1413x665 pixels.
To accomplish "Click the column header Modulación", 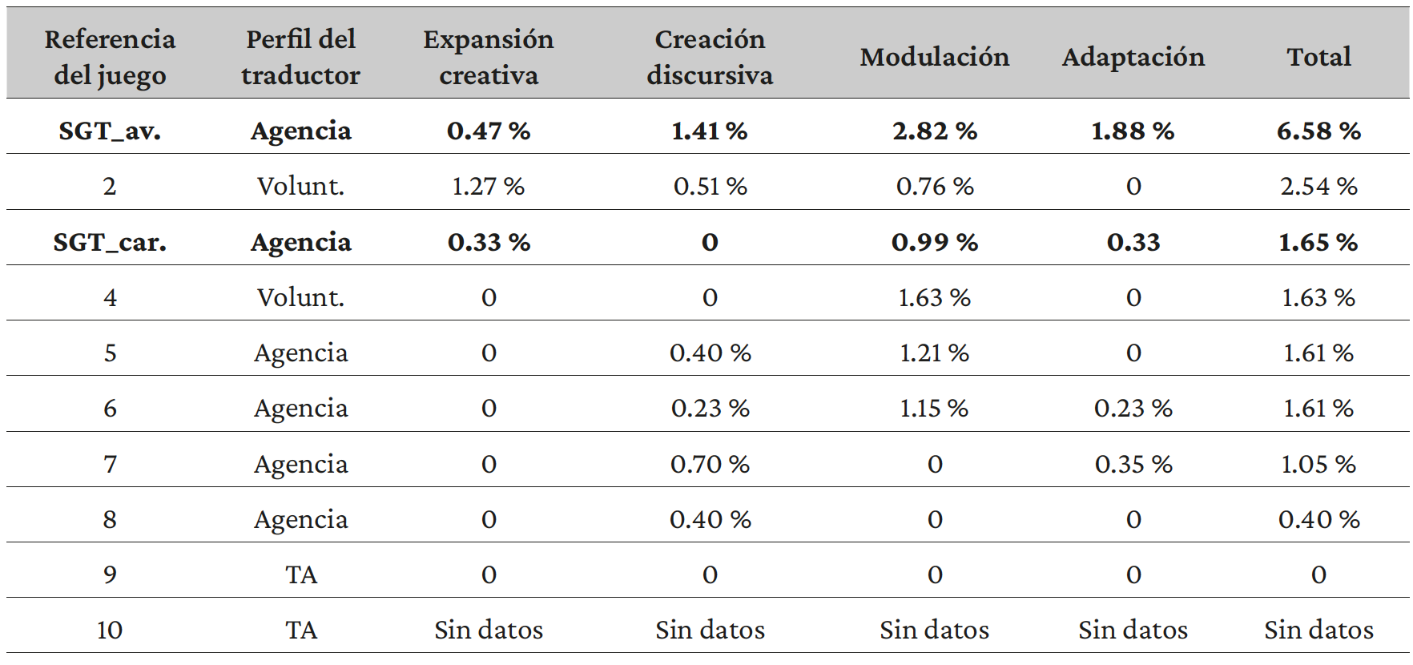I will (x=934, y=57).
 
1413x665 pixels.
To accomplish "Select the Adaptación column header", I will (x=1133, y=57).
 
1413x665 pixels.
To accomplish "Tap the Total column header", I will (x=1318, y=57).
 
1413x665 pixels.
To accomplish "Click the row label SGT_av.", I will (x=110, y=131).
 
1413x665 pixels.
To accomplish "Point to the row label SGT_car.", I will (x=110, y=242).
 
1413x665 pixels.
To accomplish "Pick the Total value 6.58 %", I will (x=1318, y=131).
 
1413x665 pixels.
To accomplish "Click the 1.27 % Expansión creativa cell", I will (x=488, y=187).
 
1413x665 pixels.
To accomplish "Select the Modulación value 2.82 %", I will (x=934, y=131).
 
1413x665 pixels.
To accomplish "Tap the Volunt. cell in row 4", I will (x=300, y=298).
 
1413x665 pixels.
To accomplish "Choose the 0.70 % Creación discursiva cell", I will (x=710, y=464).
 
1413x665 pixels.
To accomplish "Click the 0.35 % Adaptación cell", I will (x=1133, y=464).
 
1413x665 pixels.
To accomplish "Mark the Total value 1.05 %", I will (x=1318, y=464).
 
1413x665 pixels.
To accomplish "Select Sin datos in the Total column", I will (x=1318, y=630).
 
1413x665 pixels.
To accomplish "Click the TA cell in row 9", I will (x=301, y=574).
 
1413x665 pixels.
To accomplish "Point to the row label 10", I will (x=110, y=630).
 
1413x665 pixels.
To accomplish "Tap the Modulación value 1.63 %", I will (x=934, y=298).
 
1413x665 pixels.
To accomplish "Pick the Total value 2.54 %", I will (x=1318, y=187).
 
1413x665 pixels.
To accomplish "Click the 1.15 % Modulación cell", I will (x=934, y=409).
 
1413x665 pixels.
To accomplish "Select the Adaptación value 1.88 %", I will (x=1133, y=131).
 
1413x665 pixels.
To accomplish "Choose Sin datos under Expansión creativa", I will (x=488, y=630).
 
